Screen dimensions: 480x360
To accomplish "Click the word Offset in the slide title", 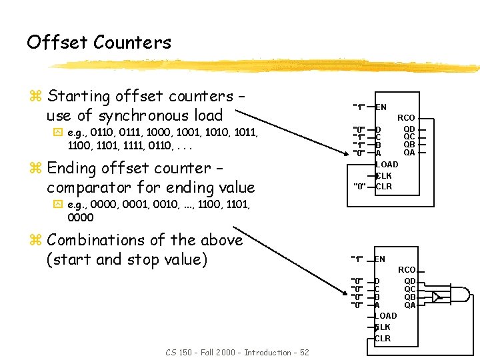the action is (x=57, y=43).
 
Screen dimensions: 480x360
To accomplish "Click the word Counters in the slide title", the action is (x=133, y=43).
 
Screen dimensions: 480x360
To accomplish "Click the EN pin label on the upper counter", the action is (x=381, y=107).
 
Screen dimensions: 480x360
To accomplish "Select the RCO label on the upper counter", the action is (x=406, y=118).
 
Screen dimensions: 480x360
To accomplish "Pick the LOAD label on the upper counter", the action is (x=387, y=164).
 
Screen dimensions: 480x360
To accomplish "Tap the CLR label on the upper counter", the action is (x=383, y=187).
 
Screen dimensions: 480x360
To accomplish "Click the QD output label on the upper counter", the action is (x=409, y=129).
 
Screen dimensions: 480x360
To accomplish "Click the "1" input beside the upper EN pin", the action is (x=359, y=107).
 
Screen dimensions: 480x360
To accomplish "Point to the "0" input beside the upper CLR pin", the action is (x=359, y=187).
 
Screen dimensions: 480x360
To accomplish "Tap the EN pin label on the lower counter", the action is (x=380, y=259).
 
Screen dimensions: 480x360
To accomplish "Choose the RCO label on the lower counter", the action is (x=407, y=270).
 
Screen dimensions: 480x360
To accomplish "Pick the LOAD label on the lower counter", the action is (x=385, y=315).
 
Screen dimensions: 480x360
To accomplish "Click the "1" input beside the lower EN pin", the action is (x=357, y=259).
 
